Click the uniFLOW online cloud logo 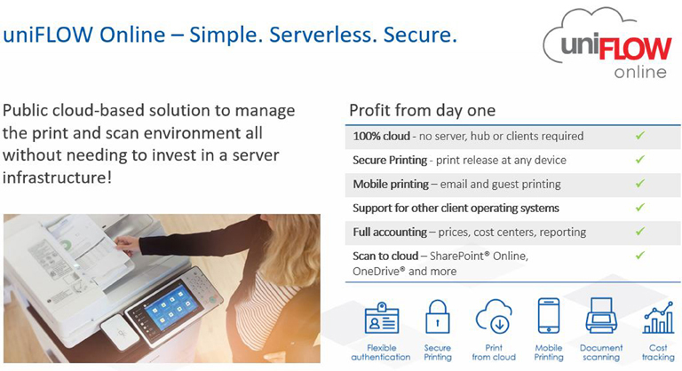click(608, 43)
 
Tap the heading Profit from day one click(423, 110)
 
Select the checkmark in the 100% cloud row click(639, 136)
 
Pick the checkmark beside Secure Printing click(639, 160)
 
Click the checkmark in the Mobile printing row click(639, 184)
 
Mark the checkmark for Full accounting click(639, 232)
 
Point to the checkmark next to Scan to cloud click(639, 256)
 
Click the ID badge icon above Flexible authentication click(382, 319)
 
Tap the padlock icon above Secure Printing click(437, 317)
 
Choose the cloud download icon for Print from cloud click(494, 316)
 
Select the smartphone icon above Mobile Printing click(549, 316)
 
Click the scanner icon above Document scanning click(601, 316)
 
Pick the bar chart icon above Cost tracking click(658, 317)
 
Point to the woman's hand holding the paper click(126, 244)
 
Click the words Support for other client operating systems click(456, 209)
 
